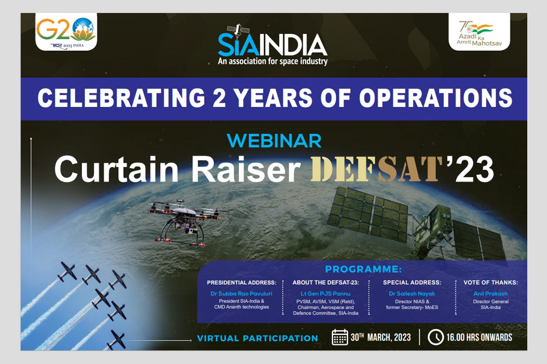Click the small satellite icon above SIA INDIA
tap(238, 31)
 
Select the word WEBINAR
tap(274, 141)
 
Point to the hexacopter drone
tap(186, 222)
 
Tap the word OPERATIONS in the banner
tap(436, 98)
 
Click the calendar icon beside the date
tap(340, 337)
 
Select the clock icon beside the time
tap(435, 337)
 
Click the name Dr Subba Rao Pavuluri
tap(241, 293)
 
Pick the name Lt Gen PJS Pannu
tap(325, 293)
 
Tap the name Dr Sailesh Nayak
tap(412, 293)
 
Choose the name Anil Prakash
tap(490, 293)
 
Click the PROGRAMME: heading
tap(363, 269)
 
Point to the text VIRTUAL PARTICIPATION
tap(257, 338)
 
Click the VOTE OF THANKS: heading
tap(490, 283)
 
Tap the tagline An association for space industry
tap(273, 62)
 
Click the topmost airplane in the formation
tap(67, 272)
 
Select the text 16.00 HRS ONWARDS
tap(480, 337)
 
